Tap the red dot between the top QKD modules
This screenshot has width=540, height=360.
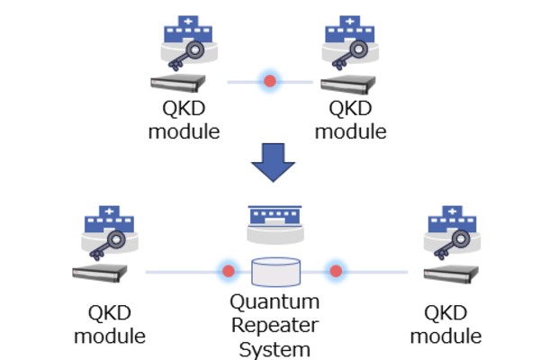[x=269, y=82]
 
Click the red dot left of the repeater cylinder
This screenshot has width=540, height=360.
[x=229, y=270]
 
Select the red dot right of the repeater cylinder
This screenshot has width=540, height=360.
[x=336, y=270]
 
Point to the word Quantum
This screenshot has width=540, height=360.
[x=274, y=302]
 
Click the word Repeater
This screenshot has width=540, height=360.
[x=274, y=325]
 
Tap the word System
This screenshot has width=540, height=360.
[x=274, y=347]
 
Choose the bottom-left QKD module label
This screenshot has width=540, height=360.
[x=110, y=325]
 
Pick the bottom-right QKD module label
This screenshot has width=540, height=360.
[x=445, y=325]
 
